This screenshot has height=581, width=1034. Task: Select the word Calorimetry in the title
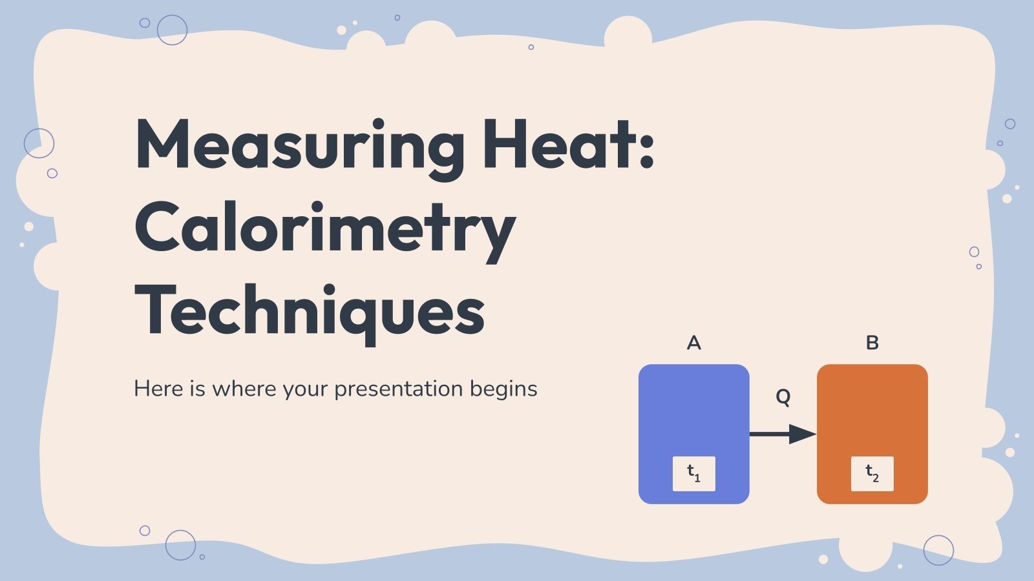(x=324, y=229)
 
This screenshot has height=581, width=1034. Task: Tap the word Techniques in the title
(x=310, y=312)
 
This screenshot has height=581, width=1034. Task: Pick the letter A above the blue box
(x=693, y=343)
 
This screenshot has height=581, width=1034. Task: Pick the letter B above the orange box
(x=872, y=343)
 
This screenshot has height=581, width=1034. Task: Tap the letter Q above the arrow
(x=783, y=396)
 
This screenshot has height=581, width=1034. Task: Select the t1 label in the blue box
(x=693, y=473)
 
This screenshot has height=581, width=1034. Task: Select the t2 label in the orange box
(x=872, y=473)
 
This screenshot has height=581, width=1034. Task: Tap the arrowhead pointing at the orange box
(x=803, y=434)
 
